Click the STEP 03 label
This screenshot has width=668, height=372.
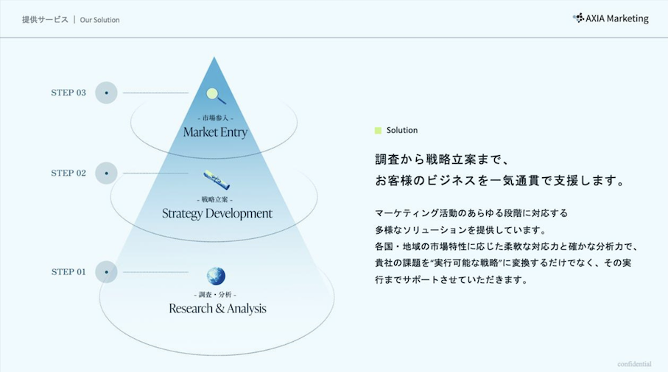click(68, 93)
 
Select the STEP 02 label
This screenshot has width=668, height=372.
click(68, 173)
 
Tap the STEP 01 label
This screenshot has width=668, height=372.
click(68, 272)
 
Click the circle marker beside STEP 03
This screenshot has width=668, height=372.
click(106, 93)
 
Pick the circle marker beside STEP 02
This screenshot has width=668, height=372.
click(106, 173)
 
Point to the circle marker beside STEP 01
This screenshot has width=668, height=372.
click(106, 272)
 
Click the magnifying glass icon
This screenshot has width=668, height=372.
click(216, 96)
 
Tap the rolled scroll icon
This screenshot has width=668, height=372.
click(217, 180)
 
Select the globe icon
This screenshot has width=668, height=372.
click(216, 276)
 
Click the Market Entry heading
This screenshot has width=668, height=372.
click(215, 132)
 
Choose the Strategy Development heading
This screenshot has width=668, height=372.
click(217, 213)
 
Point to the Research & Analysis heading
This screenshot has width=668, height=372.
click(217, 308)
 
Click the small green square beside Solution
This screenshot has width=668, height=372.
click(378, 131)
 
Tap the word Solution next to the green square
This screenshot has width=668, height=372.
click(401, 131)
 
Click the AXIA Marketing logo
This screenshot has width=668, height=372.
click(611, 18)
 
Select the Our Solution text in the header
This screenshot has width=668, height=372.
click(99, 20)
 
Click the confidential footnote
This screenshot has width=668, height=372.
click(634, 364)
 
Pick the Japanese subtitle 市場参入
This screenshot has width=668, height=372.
click(216, 118)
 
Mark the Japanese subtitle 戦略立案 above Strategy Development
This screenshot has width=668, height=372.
click(215, 199)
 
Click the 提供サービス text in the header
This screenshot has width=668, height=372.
click(45, 20)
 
